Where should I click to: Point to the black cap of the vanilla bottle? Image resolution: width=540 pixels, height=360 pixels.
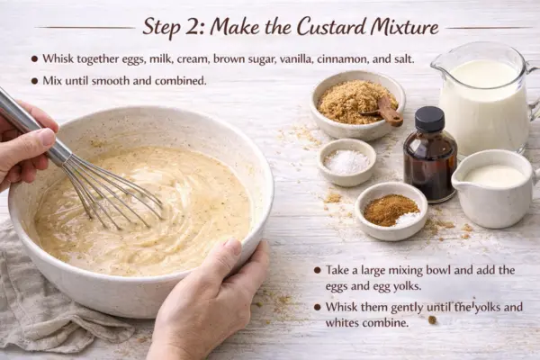[429, 119]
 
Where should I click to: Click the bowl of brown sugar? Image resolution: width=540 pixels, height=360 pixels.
[357, 104]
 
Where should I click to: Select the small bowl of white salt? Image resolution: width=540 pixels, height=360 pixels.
[346, 162]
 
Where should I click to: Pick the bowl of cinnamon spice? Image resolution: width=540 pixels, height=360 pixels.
[391, 211]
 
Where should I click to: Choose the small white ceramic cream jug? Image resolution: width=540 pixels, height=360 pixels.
[494, 188]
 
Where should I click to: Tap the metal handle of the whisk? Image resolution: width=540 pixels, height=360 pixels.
[32, 126]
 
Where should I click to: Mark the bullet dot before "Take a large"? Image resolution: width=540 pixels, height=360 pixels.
[317, 270]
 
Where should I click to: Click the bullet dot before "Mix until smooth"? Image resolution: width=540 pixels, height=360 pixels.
[34, 81]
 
